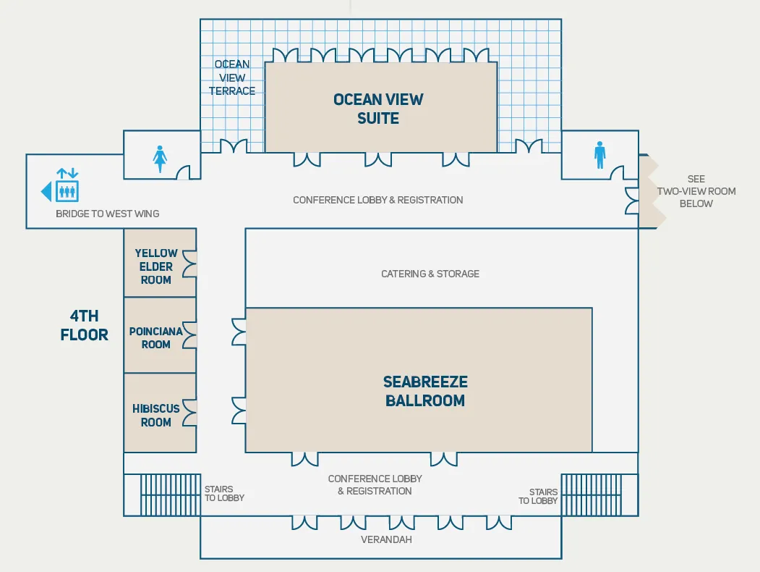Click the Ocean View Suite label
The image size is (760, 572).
pos(378,109)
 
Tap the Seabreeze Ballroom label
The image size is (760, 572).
pos(425,391)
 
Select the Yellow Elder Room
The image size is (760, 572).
pos(156,266)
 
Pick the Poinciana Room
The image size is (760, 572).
pos(156,337)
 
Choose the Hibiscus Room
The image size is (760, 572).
pos(156,415)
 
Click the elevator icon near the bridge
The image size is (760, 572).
pos(67,186)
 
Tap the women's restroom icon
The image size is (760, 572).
pos(160,159)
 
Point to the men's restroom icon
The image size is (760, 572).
pos(599,155)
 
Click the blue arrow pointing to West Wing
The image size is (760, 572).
pos(46,192)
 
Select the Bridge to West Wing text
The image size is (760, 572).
pos(107,214)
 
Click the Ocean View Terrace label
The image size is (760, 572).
pos(232,77)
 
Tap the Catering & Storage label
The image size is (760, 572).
pos(430,274)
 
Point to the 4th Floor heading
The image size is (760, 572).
pos(85,325)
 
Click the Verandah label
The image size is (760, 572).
pos(386,539)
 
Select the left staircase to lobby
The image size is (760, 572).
pos(169,494)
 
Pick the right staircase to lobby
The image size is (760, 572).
pos(592,494)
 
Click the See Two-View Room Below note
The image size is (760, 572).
pos(696,191)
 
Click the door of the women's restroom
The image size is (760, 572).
pos(184,172)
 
